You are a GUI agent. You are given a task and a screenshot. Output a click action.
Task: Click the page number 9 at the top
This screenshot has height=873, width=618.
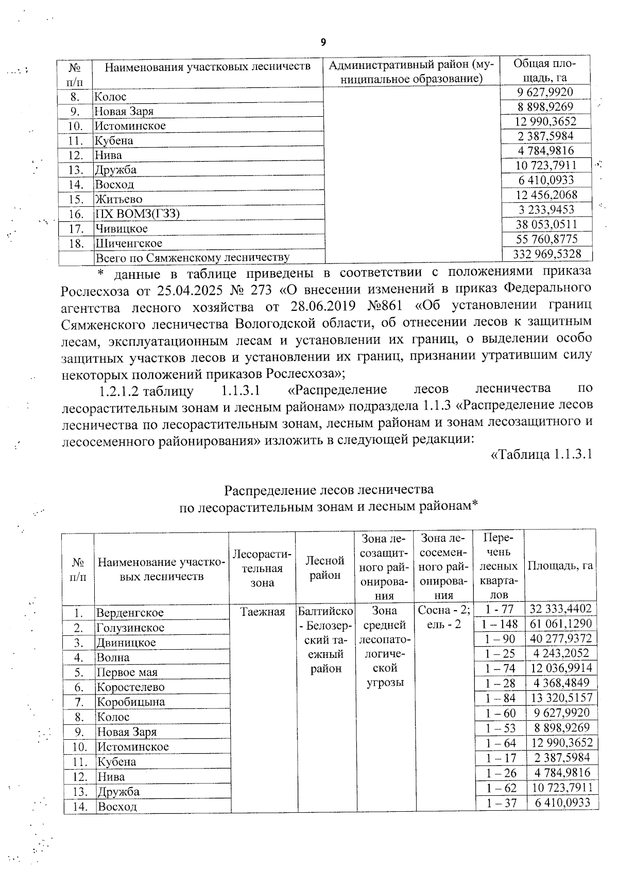323,42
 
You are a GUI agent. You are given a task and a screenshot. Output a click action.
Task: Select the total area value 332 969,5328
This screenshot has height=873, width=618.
547,254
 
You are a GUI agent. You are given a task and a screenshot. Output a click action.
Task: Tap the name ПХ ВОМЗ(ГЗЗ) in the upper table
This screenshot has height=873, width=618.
137,214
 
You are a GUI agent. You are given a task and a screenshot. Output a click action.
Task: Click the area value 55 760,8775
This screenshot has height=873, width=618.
547,239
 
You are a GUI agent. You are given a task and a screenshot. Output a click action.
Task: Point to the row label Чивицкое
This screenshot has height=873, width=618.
122,228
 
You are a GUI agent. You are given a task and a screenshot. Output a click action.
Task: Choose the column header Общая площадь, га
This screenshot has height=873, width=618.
544,70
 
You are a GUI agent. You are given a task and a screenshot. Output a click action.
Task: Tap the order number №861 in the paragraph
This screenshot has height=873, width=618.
385,307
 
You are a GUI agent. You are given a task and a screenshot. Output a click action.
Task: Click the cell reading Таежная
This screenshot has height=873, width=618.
263,612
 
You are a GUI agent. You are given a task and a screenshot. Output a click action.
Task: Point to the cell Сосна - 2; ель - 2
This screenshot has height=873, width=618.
443,617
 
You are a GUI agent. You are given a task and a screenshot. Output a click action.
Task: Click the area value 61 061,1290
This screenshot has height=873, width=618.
561,624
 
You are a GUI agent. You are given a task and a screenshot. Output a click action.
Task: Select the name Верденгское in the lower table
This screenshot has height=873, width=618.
130,613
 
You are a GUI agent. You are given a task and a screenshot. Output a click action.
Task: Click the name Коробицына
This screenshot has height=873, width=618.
131,702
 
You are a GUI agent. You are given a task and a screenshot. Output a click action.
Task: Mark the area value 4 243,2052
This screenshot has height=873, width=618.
562,653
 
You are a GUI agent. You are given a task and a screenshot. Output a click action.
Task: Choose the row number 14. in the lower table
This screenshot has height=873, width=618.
79,806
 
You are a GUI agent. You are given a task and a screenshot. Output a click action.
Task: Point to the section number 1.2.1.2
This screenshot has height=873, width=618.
120,391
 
